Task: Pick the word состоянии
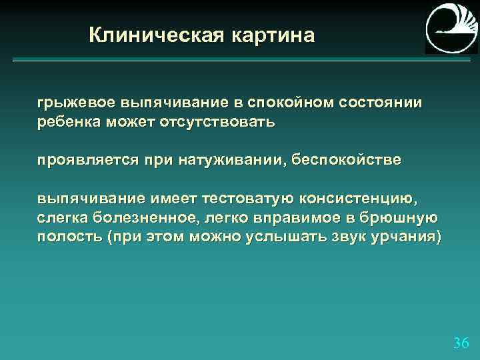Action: click(x=381, y=104)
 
